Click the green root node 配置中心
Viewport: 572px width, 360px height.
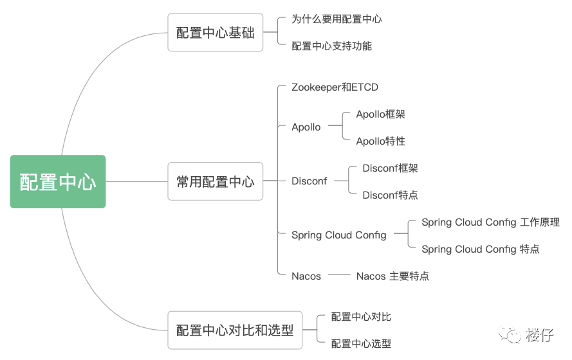[58, 182]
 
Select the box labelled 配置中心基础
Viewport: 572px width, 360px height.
[216, 33]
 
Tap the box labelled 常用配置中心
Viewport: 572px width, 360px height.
[216, 181]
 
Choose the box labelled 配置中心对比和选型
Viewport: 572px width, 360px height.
[235, 330]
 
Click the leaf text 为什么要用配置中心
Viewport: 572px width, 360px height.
[337, 19]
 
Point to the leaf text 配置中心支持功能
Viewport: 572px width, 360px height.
[331, 46]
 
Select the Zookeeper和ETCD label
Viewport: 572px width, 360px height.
[335, 87]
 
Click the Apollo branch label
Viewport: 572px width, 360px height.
[306, 127]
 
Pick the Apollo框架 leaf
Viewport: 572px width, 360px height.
[380, 114]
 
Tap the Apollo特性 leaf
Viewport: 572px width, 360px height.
[380, 141]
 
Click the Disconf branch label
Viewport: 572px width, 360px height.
[309, 181]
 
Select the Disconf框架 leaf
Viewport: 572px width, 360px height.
[390, 168]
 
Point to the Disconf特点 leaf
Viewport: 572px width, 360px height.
[390, 195]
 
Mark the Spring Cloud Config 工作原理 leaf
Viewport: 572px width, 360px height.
[490, 222]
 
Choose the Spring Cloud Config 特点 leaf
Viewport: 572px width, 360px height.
[481, 249]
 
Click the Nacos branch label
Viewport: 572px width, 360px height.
[306, 276]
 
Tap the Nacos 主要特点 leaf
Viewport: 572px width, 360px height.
[392, 276]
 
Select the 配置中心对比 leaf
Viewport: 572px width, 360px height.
[361, 317]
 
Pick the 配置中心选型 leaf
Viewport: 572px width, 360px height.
[361, 344]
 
